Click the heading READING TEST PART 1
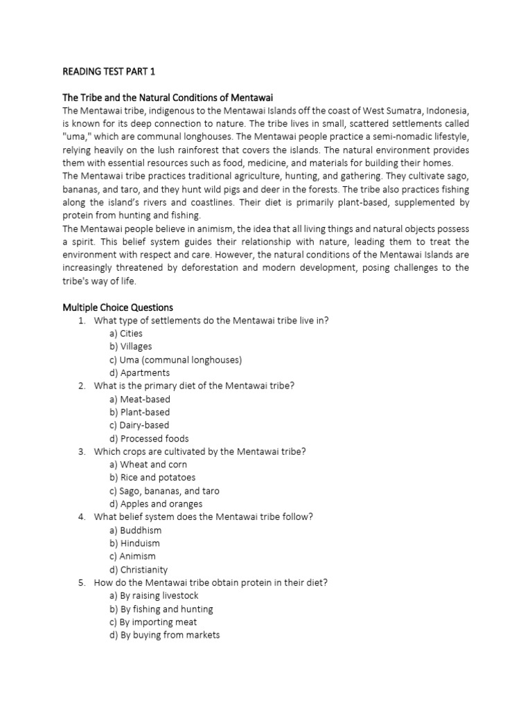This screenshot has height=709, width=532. click(x=109, y=71)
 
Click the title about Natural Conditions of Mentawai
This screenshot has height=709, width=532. click(x=163, y=98)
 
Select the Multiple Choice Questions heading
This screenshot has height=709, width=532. click(x=118, y=307)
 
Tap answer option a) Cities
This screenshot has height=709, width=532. click(x=126, y=333)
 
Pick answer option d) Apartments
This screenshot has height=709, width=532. click(x=139, y=373)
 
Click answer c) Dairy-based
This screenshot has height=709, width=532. click(x=139, y=425)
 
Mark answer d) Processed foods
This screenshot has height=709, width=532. click(x=149, y=438)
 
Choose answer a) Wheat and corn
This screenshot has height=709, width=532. click(x=148, y=465)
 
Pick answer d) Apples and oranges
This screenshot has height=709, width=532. click(x=156, y=504)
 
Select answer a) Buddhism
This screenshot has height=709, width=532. click(x=135, y=530)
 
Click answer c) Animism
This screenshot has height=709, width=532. click(x=132, y=556)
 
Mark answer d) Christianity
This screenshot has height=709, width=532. click(x=139, y=570)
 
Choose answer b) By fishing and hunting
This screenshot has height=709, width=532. click(x=161, y=609)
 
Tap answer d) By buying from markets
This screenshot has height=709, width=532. click(x=164, y=635)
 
